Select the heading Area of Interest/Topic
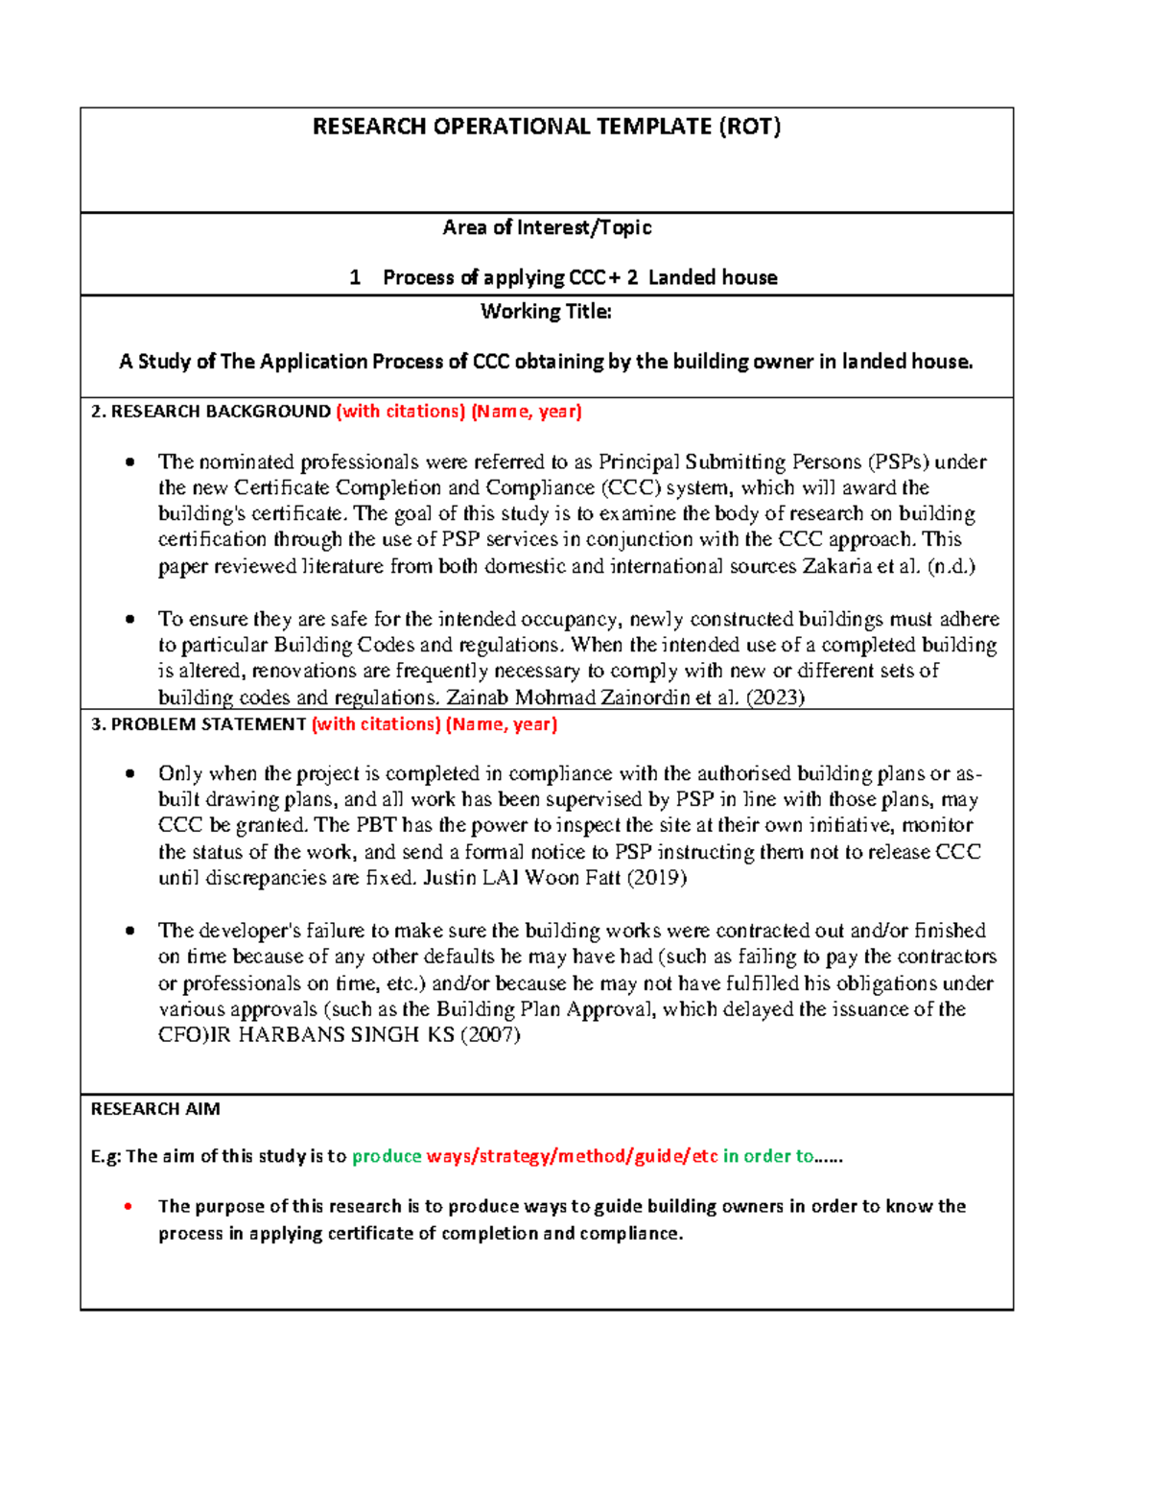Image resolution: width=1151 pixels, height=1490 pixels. pos(547,227)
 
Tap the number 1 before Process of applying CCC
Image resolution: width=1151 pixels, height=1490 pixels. pos(355,278)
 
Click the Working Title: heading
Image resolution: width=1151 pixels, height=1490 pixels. pos(546,311)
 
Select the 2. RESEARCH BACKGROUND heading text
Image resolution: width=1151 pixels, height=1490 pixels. pos(210,412)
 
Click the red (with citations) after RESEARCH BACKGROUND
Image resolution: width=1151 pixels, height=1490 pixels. pos(401,412)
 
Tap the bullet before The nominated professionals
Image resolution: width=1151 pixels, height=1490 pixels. pos(129,462)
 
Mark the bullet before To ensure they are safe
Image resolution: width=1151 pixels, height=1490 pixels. pos(129,619)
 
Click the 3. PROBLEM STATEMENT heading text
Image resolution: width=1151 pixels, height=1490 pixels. pos(198,724)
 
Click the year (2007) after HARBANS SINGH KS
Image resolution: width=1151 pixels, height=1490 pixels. pos(490,1034)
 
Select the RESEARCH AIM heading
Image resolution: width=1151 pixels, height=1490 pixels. pos(155,1109)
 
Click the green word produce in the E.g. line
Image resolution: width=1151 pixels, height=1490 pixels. pos(387,1156)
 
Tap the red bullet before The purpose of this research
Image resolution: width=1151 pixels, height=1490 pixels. pos(129,1207)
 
